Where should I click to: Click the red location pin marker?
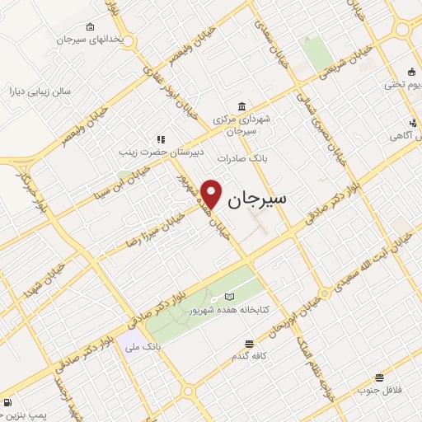point(212,194)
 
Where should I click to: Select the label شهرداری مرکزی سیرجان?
point(241,125)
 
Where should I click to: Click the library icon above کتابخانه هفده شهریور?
point(229,297)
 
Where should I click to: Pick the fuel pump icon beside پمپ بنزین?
point(7,404)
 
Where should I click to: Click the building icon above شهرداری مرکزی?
point(240,106)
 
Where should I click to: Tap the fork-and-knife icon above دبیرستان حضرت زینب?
point(162,139)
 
